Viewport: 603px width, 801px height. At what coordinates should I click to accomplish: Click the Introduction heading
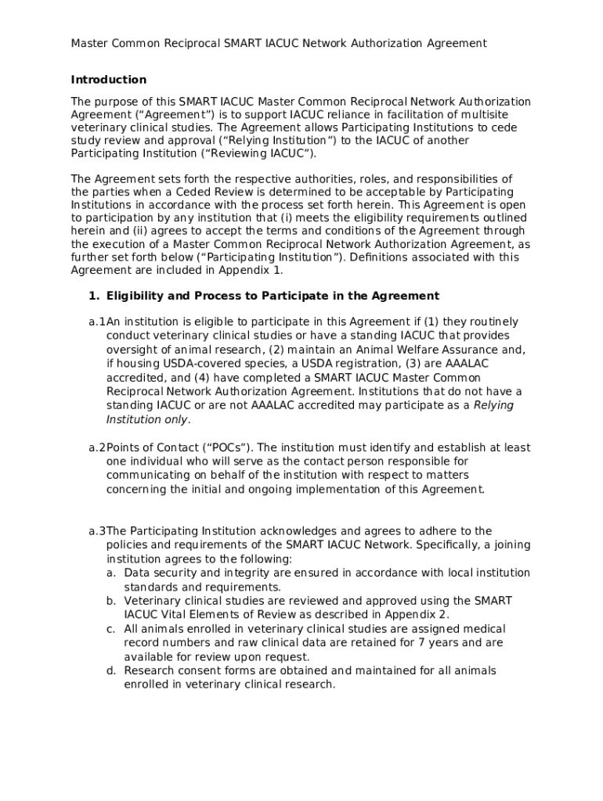108,80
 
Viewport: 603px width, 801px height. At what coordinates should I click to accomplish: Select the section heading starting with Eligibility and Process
273,296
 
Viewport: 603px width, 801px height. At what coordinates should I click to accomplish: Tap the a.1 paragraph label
96,322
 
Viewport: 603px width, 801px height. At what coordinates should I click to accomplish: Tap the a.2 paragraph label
96,447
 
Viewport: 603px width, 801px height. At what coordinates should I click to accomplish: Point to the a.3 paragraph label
96,531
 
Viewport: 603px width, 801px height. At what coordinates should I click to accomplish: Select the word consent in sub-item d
197,670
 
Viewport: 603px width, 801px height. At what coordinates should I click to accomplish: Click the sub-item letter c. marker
111,629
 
